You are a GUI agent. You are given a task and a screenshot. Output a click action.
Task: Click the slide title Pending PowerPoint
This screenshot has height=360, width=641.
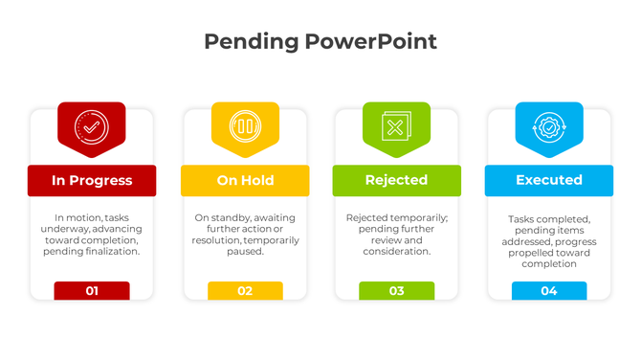pos(320,41)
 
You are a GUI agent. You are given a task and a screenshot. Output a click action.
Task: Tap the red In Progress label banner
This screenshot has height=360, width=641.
pos(92,180)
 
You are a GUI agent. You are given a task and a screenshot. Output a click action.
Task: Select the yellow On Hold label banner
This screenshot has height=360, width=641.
pos(245,180)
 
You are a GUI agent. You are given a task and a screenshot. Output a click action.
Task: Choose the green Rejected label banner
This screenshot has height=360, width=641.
pos(396,180)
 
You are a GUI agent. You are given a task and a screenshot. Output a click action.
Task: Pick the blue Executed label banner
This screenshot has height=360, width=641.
pos(548,180)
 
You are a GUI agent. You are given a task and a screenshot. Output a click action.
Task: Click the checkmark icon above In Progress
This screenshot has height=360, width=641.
pos(91,126)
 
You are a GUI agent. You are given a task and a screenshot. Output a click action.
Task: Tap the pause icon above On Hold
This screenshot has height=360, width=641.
pos(245,126)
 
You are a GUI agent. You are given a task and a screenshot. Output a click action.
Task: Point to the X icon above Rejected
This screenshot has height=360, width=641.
pos(396,126)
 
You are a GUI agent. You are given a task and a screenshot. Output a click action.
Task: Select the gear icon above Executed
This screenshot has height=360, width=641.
pos(549,126)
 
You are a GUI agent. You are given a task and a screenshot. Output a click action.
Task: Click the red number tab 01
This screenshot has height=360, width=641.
pos(92,291)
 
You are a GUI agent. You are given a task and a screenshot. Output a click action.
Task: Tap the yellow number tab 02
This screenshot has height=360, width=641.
pos(245,291)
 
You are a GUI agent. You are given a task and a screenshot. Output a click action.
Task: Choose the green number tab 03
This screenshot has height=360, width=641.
pos(396,291)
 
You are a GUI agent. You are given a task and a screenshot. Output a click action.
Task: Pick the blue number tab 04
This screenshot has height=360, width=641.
pos(549,291)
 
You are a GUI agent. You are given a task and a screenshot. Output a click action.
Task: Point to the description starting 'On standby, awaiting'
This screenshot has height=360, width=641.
pos(245,235)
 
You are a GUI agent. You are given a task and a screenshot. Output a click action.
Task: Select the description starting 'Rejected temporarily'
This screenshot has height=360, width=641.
pos(396,235)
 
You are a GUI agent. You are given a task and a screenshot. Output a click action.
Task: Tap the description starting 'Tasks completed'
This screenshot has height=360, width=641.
pos(549,241)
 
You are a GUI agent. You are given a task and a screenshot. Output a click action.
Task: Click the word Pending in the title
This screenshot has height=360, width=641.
pos(251,41)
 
